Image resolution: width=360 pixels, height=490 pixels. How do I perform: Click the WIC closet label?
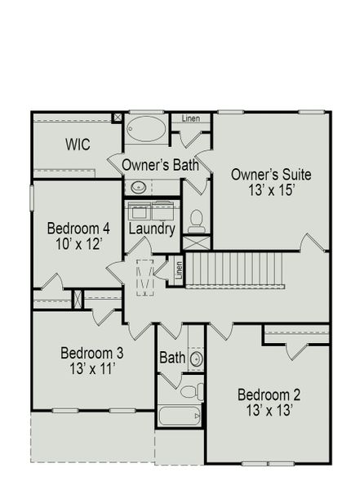[78, 145]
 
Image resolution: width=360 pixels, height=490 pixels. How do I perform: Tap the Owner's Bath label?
[161, 165]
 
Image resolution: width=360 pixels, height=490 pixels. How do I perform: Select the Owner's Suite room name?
[271, 174]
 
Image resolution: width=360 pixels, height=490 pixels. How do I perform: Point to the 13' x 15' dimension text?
[271, 190]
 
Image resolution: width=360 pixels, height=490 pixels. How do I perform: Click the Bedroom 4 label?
[78, 227]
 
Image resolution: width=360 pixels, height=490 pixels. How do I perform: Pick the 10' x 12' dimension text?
[78, 243]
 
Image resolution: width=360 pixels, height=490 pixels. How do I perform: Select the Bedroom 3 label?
[91, 353]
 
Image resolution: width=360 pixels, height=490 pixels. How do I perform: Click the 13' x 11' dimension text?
[91, 369]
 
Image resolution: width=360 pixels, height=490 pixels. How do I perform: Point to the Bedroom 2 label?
[269, 395]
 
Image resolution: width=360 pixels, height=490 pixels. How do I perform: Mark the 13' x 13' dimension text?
[269, 412]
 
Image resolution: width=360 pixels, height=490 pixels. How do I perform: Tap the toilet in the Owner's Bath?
[196, 220]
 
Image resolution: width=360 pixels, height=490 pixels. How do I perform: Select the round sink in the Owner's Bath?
[139, 187]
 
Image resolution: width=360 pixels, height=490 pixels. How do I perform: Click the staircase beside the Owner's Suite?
[237, 269]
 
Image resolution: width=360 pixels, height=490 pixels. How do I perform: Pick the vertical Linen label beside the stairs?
[180, 269]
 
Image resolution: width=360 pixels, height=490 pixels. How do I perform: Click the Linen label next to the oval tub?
[190, 119]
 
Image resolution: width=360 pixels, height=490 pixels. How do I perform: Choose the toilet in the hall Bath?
[189, 391]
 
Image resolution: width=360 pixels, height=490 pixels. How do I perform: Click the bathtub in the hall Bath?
[179, 416]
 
